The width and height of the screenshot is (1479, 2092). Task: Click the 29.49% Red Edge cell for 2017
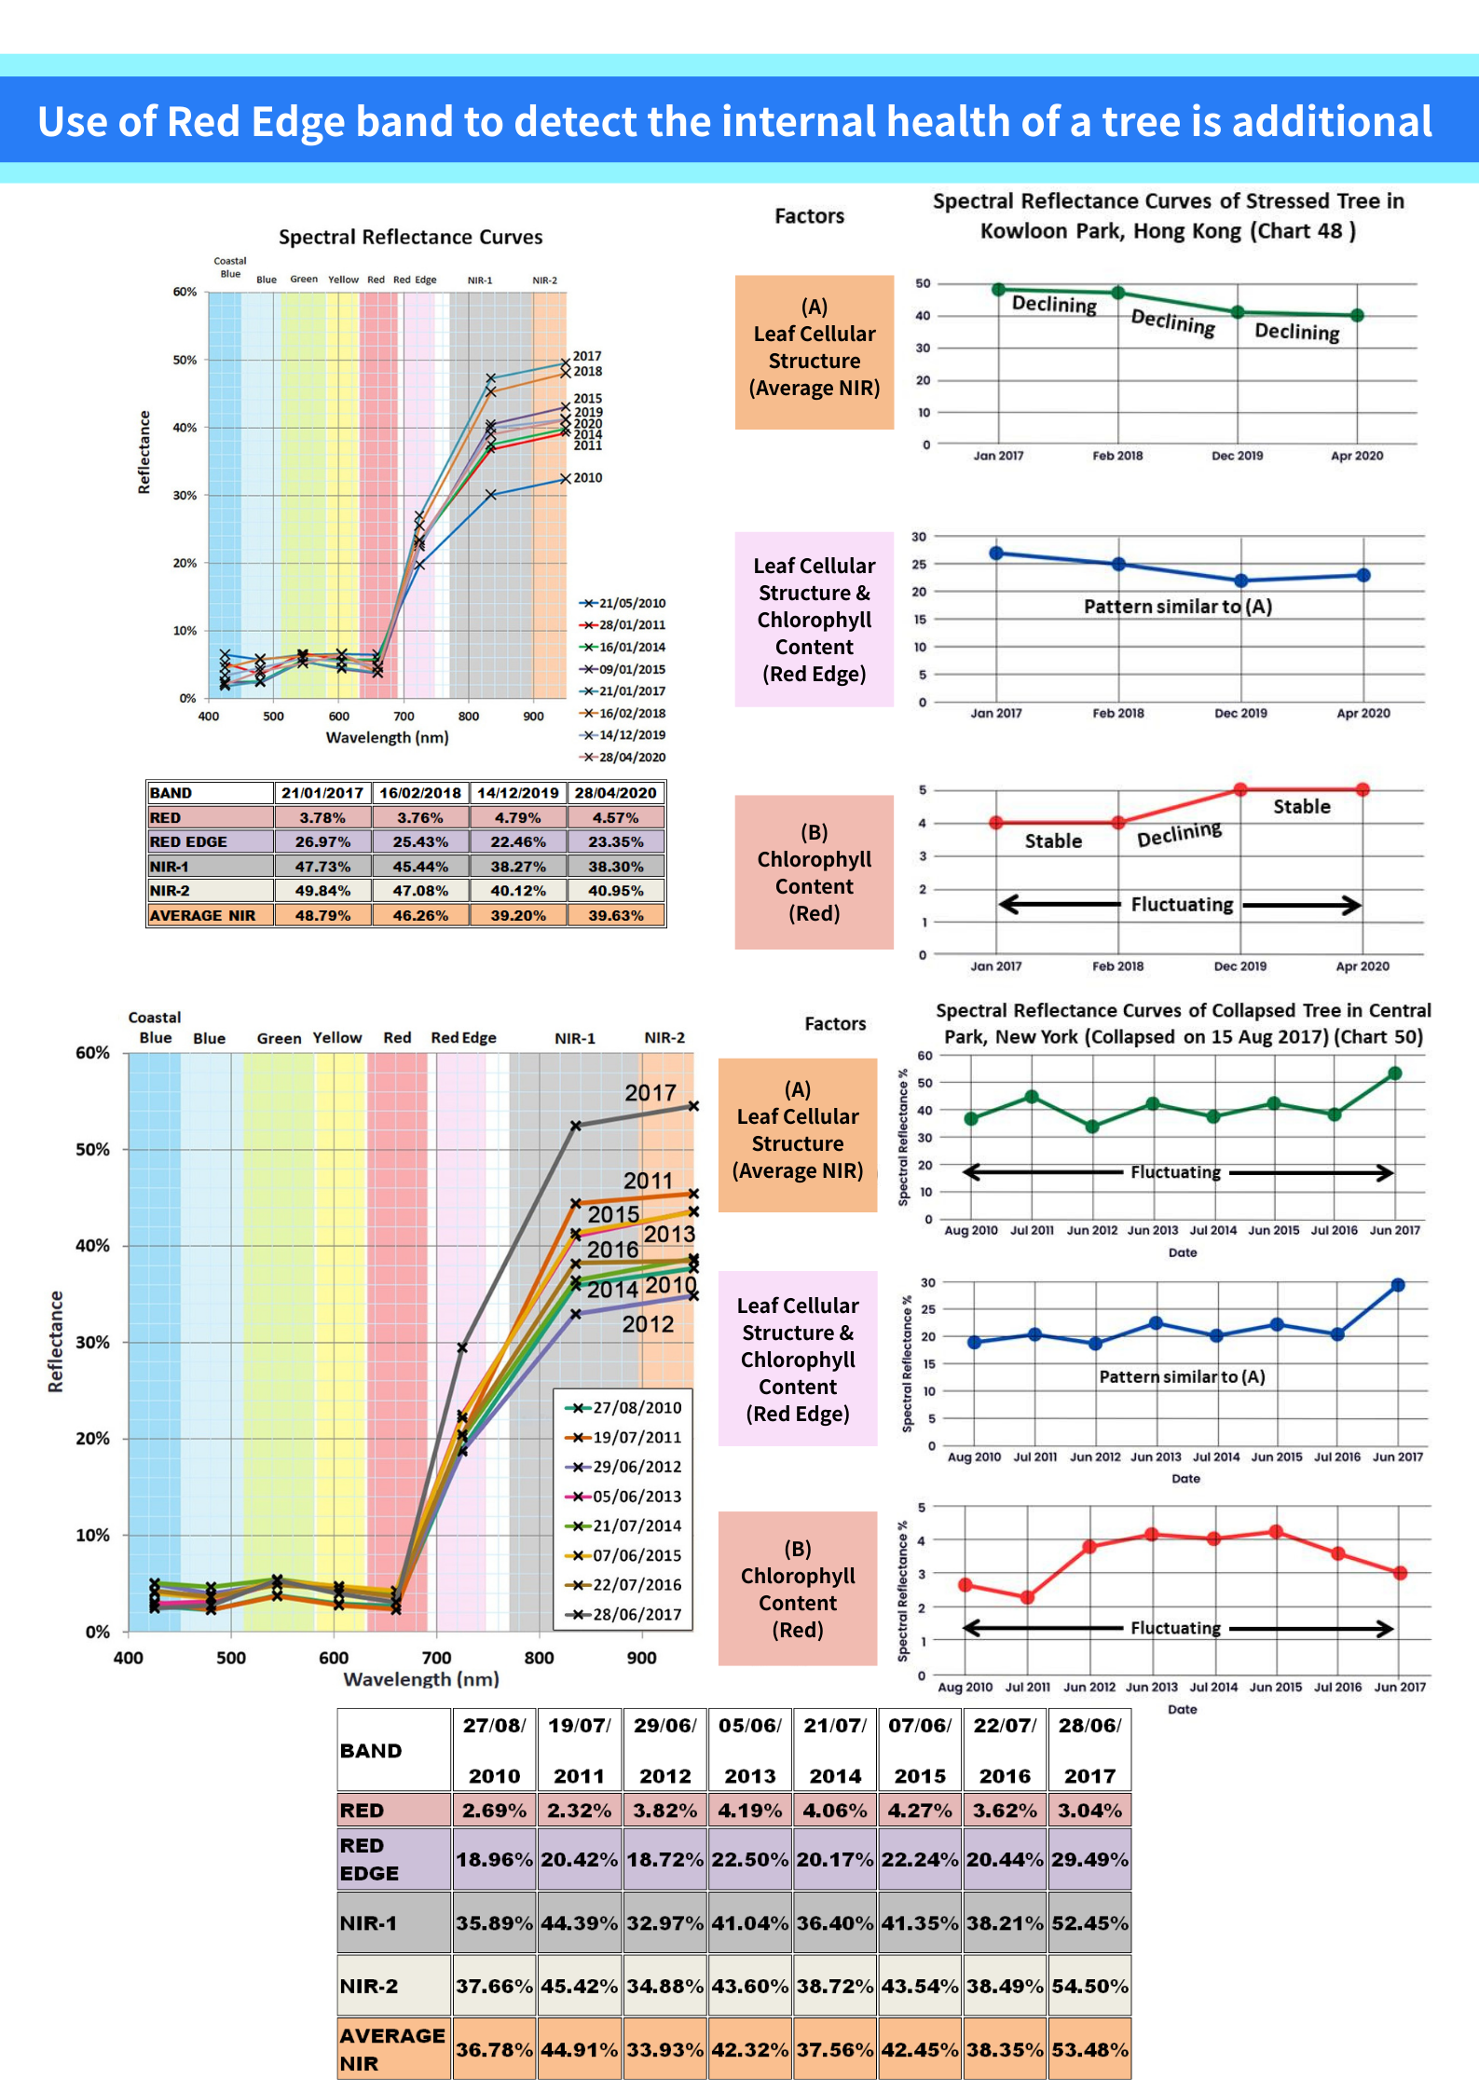1089,1859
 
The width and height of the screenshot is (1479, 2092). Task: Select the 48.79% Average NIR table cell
322,915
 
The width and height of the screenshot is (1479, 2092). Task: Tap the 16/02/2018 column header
420,793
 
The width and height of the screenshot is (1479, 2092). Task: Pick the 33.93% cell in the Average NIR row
664,2049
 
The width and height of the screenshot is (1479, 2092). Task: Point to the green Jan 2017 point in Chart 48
998,290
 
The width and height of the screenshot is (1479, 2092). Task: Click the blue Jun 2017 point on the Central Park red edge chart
1398,1285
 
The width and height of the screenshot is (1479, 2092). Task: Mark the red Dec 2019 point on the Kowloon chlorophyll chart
1240,789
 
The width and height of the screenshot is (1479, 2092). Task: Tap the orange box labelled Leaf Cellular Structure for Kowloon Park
814,351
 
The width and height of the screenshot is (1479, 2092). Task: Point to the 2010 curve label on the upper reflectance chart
588,478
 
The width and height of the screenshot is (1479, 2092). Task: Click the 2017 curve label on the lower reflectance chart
650,1092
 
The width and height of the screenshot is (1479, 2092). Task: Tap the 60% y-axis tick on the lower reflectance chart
92,1053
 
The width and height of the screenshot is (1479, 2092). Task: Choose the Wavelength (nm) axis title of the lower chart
421,1679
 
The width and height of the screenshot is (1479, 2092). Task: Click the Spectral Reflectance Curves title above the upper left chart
410,237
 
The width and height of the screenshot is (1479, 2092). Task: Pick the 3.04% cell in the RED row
1089,1811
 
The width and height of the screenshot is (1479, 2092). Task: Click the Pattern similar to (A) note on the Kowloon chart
1177,607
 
